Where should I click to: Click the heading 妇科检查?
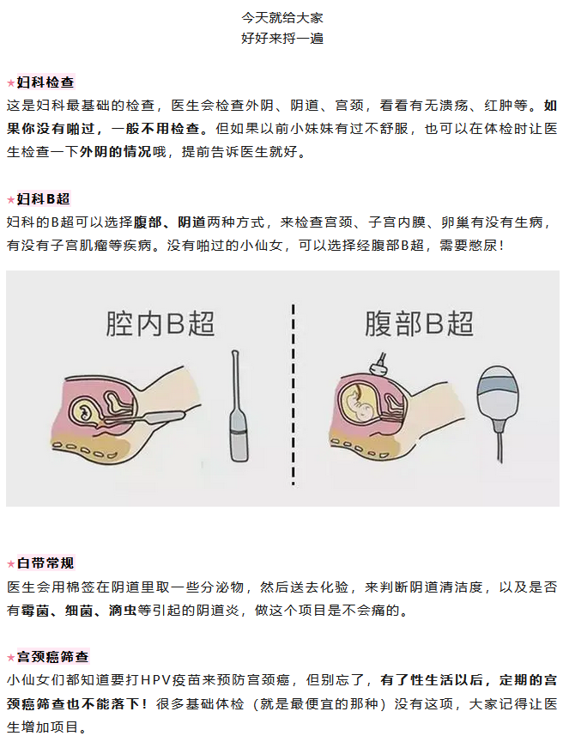45,82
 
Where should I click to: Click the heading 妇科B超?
43,198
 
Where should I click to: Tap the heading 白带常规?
45,563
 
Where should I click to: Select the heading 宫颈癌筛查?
52,656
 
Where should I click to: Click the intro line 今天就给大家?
282,17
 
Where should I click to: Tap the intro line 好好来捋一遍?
282,39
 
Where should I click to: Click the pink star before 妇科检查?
10,83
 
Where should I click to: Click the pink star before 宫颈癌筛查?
10,657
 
